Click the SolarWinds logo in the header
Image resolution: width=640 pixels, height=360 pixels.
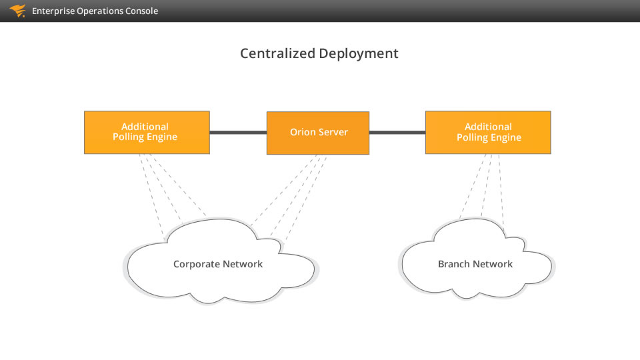coord(17,11)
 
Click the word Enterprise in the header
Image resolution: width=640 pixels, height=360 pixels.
coord(53,11)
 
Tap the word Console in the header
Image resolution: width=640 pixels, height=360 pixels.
coord(141,11)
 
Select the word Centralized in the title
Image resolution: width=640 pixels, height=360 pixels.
coord(277,53)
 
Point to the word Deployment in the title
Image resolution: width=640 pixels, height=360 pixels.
coord(359,54)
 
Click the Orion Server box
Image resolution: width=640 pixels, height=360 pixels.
coord(318,133)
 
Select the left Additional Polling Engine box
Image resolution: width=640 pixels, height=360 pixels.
coord(147,132)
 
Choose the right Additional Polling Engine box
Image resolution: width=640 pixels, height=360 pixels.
coord(488,132)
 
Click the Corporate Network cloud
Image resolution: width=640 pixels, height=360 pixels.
coord(221,261)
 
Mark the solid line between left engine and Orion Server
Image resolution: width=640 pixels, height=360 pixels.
coord(239,132)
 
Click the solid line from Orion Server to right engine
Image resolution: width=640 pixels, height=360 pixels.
coord(397,132)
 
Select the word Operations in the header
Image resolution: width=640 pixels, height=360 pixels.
coord(99,11)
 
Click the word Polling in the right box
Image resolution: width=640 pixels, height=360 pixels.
coord(470,137)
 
